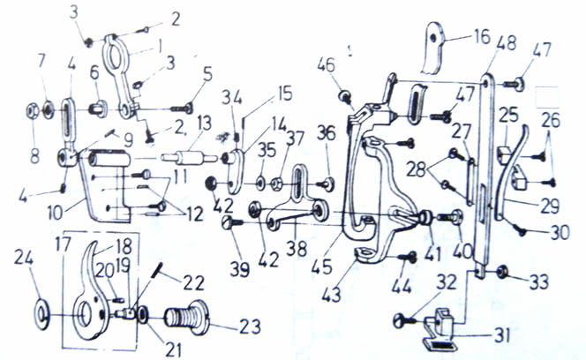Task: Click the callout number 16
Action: click(x=481, y=37)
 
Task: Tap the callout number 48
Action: click(x=507, y=43)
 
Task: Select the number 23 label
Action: click(x=250, y=327)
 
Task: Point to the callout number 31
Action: click(x=501, y=335)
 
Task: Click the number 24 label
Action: click(x=25, y=258)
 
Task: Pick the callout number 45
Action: click(x=322, y=267)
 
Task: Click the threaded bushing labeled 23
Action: click(x=187, y=319)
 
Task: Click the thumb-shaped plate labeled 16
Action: click(x=432, y=49)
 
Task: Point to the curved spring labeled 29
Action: click(x=512, y=172)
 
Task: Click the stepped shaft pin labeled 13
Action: click(x=190, y=157)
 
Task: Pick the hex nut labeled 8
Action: click(x=32, y=111)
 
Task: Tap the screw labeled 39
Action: click(x=233, y=223)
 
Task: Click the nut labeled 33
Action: click(x=503, y=272)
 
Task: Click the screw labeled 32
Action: click(x=405, y=320)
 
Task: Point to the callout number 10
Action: click(x=55, y=213)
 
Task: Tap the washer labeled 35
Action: click(x=260, y=184)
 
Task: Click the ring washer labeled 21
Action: click(x=143, y=316)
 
